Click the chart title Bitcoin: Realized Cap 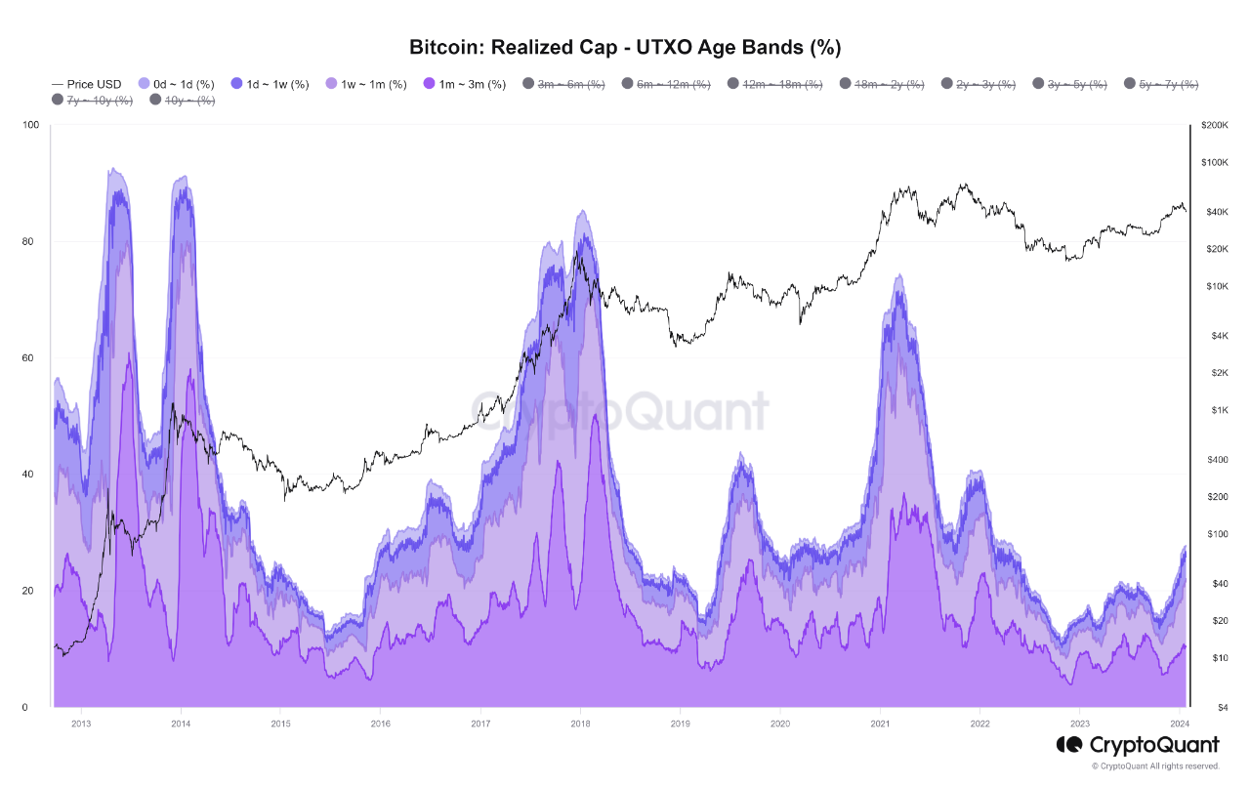pyautogui.click(x=625, y=47)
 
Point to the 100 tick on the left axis pyautogui.click(x=30, y=125)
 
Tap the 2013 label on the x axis pyautogui.click(x=81, y=724)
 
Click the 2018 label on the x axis pyautogui.click(x=580, y=724)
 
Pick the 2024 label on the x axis pyautogui.click(x=1180, y=724)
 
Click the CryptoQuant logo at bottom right pyautogui.click(x=1138, y=746)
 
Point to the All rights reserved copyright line pyautogui.click(x=1155, y=766)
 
